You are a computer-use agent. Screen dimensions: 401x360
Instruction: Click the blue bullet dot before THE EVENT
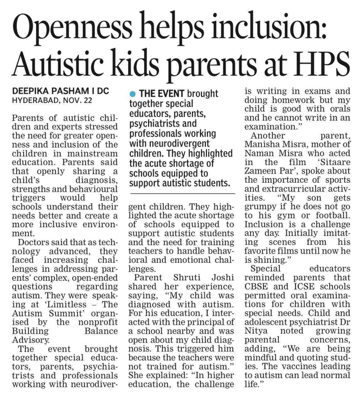coord(133,94)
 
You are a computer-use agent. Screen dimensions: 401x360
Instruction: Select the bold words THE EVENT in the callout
coord(161,94)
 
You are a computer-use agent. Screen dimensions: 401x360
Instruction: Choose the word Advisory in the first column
coord(31,340)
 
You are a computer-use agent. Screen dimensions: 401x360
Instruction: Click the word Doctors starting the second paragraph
coord(33,242)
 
